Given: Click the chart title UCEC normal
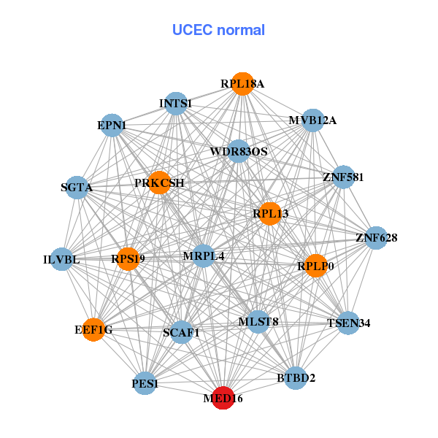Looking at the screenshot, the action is (218, 30).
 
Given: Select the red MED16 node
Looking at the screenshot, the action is (223, 399).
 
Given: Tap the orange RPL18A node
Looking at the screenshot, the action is (242, 84).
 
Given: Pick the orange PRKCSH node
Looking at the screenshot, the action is (160, 182).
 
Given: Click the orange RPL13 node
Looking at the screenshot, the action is (270, 213).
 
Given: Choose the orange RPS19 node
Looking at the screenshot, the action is (128, 258).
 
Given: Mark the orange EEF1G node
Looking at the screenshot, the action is (93, 330).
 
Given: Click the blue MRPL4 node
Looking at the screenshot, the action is (203, 256).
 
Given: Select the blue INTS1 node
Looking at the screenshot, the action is (175, 104).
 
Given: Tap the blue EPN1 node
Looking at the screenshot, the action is (112, 126).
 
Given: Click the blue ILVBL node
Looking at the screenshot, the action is (62, 259).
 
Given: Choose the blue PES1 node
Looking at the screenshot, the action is (145, 383).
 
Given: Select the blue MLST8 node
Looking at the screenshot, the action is (258, 321).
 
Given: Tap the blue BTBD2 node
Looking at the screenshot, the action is (296, 377).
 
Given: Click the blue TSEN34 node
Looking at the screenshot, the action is (349, 323).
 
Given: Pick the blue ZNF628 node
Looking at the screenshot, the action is (376, 238).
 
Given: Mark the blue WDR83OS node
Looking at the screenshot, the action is (239, 152).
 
